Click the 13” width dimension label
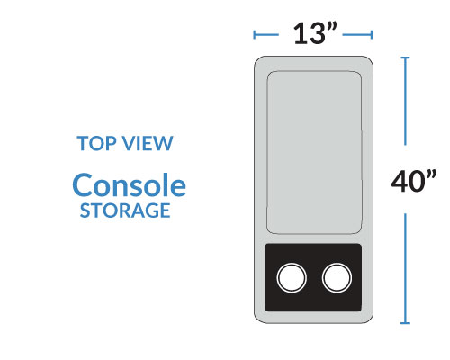(315, 33)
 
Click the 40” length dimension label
(414, 181)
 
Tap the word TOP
(96, 143)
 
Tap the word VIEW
(148, 143)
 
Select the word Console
(130, 185)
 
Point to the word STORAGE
(125, 211)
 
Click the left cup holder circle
(292, 277)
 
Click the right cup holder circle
(337, 277)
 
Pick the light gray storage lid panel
(314, 152)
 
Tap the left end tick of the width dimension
(255, 35)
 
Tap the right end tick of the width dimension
(372, 35)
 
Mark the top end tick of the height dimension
(405, 58)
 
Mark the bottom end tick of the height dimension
(405, 323)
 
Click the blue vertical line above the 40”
(405, 102)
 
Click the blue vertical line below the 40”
(405, 268)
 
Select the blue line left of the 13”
(266, 35)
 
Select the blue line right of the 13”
(357, 35)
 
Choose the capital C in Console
(83, 185)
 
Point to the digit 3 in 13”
(317, 33)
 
